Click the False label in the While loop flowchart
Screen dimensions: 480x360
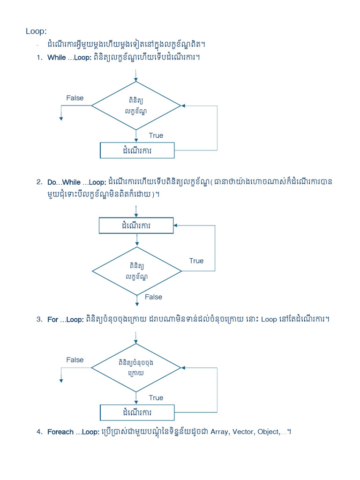click(x=75, y=98)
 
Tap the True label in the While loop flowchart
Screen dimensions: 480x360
click(x=156, y=135)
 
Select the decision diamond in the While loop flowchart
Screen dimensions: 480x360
click(x=136, y=106)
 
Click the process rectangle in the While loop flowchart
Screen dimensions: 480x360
click(x=137, y=150)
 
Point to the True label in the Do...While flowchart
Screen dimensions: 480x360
click(x=196, y=261)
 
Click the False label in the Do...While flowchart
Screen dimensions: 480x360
click(x=153, y=297)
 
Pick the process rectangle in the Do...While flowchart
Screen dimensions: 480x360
click(x=136, y=225)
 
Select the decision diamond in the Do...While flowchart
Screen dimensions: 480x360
click(x=136, y=271)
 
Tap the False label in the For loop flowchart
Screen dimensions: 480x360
click(x=75, y=360)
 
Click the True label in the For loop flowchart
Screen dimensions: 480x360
click(x=156, y=397)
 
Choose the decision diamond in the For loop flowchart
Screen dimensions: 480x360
click(x=136, y=367)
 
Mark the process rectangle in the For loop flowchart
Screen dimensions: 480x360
click(x=137, y=412)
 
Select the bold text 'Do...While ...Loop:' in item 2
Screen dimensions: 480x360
click(x=77, y=182)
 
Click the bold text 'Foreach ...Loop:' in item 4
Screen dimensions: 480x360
click(x=73, y=432)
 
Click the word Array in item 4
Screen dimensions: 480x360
click(x=219, y=432)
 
